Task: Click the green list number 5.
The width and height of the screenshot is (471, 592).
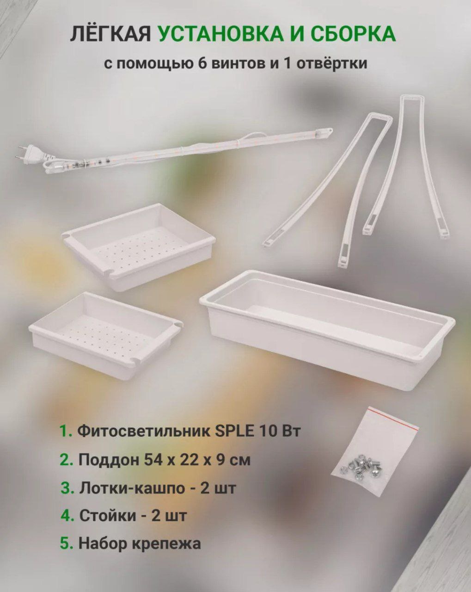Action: [67, 543]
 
